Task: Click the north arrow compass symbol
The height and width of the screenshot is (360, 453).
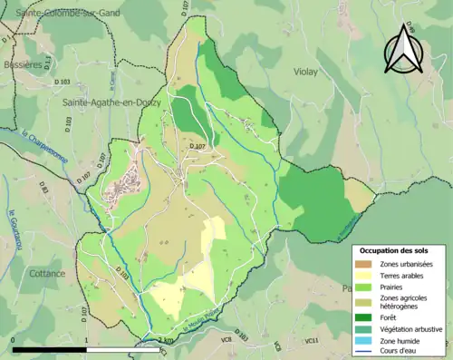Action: pos(403,50)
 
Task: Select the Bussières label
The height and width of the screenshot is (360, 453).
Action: pos(21,65)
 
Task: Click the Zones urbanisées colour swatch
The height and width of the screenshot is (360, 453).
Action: pos(363,264)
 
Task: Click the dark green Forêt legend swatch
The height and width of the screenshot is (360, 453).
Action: pos(363,316)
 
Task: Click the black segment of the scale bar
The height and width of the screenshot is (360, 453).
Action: pos(49,349)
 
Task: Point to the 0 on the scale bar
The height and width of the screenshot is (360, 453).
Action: pos(14,340)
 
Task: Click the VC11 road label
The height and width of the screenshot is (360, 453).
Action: pos(313,341)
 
